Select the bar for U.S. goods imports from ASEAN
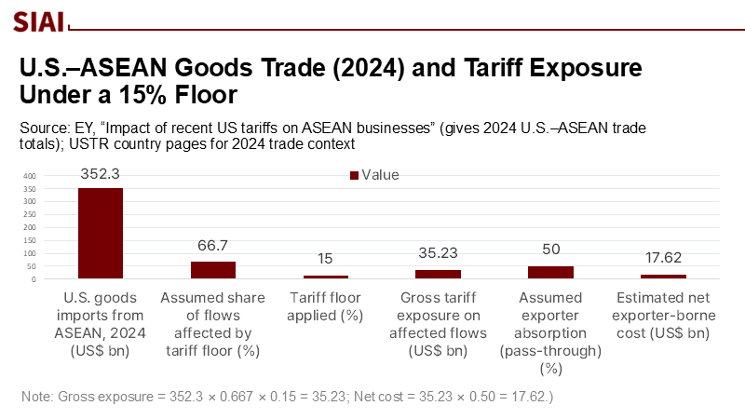101,233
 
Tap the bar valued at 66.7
213,270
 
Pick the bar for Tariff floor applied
325,277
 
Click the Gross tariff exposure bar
438,274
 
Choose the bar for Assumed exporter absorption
550,272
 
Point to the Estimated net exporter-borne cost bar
663,276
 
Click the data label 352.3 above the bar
101,172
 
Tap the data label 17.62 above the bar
663,258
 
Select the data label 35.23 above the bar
438,253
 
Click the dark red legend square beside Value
354,175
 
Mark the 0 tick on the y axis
33,278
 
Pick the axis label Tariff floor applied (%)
325,306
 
